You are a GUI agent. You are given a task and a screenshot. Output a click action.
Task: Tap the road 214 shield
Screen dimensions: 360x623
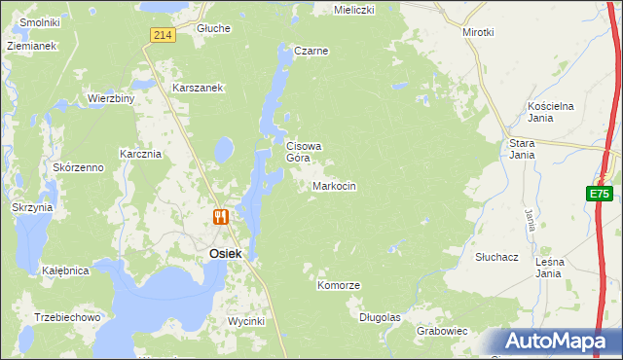163,35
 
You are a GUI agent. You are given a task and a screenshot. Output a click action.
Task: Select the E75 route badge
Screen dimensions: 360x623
599,194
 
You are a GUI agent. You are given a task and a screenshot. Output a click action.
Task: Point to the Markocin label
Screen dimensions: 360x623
334,186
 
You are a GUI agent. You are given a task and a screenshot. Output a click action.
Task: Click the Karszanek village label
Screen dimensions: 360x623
199,88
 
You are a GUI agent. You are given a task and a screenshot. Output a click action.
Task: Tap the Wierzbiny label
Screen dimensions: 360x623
110,98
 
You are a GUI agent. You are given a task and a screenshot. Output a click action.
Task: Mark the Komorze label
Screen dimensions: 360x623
339,285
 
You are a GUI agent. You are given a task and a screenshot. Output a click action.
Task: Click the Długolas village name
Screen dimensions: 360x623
380,317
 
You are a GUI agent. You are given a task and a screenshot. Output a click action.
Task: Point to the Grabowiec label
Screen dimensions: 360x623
442,331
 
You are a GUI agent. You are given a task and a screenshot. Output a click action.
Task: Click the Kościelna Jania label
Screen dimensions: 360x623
553,111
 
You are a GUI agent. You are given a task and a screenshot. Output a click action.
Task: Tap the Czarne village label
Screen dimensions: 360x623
311,51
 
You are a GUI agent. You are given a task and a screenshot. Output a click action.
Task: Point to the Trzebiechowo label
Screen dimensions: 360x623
67,318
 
